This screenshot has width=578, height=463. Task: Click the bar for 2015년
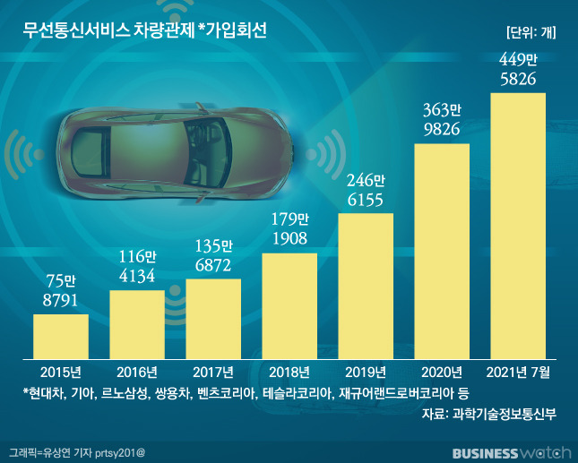pos(61,336)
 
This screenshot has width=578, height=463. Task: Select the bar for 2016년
pos(137,323)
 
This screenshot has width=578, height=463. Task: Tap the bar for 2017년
pos(213,318)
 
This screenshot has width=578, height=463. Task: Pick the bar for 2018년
pos(289,305)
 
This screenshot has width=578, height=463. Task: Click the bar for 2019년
pos(366,285)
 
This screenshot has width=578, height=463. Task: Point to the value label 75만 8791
pos(61,294)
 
